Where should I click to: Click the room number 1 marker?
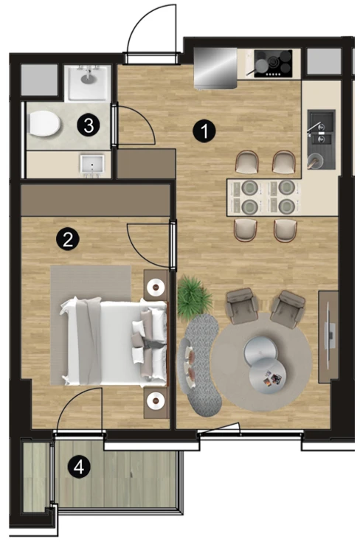click(x=204, y=131)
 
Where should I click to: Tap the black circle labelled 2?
click(x=68, y=238)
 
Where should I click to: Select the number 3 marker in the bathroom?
click(x=89, y=125)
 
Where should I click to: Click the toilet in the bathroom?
click(x=44, y=124)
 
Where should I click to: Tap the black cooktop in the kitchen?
click(x=273, y=63)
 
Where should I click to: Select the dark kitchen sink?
click(x=321, y=139)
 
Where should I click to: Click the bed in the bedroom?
click(x=114, y=343)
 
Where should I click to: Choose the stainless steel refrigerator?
click(x=215, y=68)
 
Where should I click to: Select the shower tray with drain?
click(x=89, y=83)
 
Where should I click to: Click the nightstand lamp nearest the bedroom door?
click(x=155, y=287)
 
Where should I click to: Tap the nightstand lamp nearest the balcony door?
click(x=155, y=400)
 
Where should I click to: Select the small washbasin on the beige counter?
click(x=92, y=164)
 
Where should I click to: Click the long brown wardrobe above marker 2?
click(x=96, y=200)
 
